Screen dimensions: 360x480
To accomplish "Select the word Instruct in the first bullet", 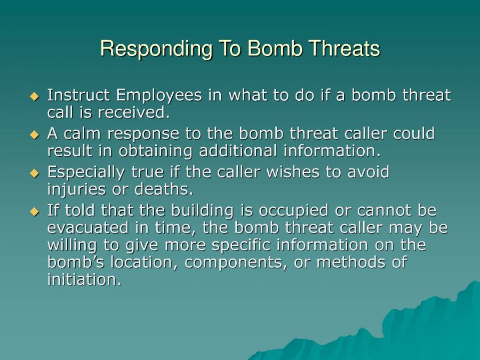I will pyautogui.click(x=79, y=95).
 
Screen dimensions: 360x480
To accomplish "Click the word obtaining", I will pyautogui.click(x=157, y=151).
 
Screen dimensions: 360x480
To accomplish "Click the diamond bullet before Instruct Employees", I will pyautogui.click(x=35, y=97).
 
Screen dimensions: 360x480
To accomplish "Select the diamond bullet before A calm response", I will pyautogui.click(x=35, y=134).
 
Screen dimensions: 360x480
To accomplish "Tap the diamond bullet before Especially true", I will pyautogui.click(x=35, y=173).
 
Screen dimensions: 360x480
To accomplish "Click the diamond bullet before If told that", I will pyautogui.click(x=35, y=212).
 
